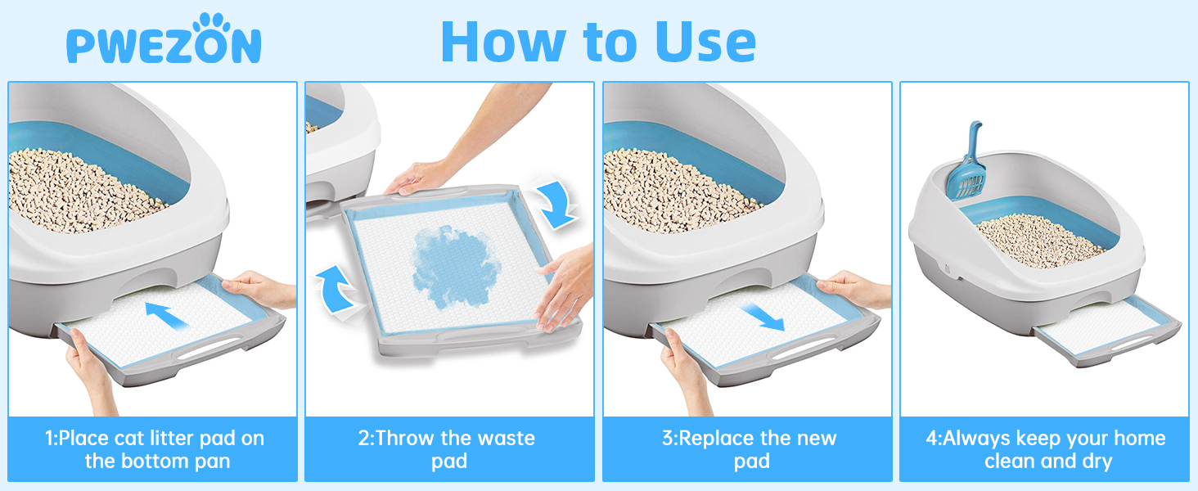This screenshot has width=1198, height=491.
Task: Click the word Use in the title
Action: pos(706,42)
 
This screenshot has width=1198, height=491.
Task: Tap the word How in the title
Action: pos(504,42)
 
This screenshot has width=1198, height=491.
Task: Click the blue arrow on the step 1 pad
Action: pos(167,316)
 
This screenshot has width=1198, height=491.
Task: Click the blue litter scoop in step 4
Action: pos(967,160)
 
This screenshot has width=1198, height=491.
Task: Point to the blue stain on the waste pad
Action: pos(455,266)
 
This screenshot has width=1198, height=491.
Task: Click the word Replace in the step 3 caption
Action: pos(716,439)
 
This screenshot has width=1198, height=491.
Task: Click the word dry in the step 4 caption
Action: pos(1096,462)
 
